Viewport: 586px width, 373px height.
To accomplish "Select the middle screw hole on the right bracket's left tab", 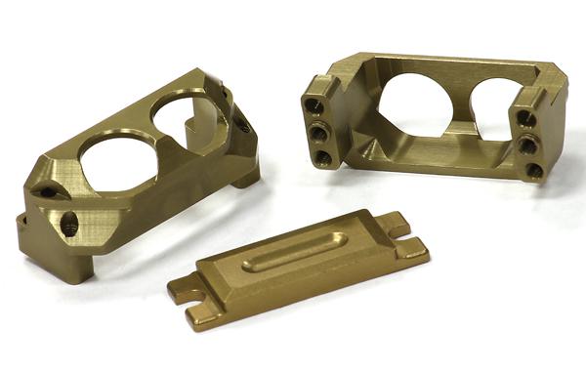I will coord(318,131).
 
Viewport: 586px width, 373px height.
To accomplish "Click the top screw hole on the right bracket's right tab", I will coord(525,119).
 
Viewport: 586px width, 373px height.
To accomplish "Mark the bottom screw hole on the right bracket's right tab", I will coord(534,170).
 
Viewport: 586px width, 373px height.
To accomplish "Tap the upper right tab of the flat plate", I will coord(394,224).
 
